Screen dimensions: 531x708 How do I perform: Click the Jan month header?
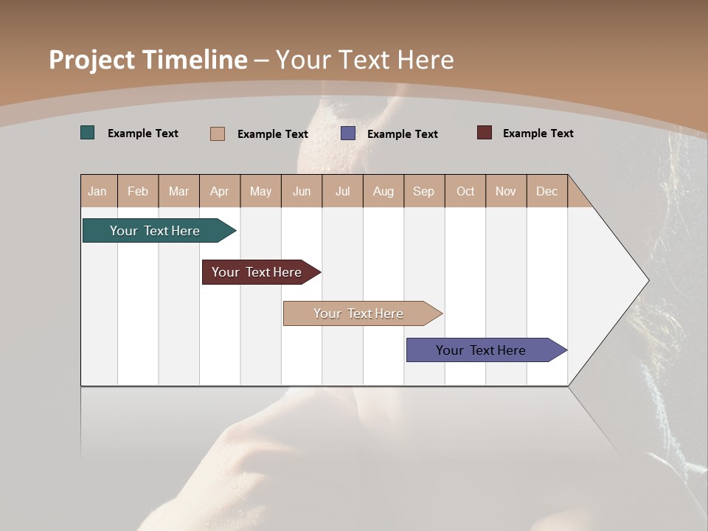coord(97,191)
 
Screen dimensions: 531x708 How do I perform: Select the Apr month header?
coord(220,191)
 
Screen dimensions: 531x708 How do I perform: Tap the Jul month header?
coord(342,191)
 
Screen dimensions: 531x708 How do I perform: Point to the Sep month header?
coord(423,191)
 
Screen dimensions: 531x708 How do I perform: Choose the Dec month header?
coord(546,191)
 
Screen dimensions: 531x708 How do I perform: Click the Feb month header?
coord(138,191)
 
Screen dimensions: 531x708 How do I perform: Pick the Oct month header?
coord(465,191)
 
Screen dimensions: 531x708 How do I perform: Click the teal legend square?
coord(88,133)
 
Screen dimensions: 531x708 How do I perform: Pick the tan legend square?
coord(218,133)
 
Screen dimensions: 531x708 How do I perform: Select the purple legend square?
coord(348,133)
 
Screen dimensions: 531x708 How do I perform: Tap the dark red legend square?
coord(485,133)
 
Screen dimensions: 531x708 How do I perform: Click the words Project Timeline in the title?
coord(147,60)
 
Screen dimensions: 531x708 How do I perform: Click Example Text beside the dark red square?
coord(538,133)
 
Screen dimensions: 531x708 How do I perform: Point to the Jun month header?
coord(302,191)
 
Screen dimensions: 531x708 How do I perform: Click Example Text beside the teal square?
coord(142,133)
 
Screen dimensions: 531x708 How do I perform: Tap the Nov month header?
coord(506,191)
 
